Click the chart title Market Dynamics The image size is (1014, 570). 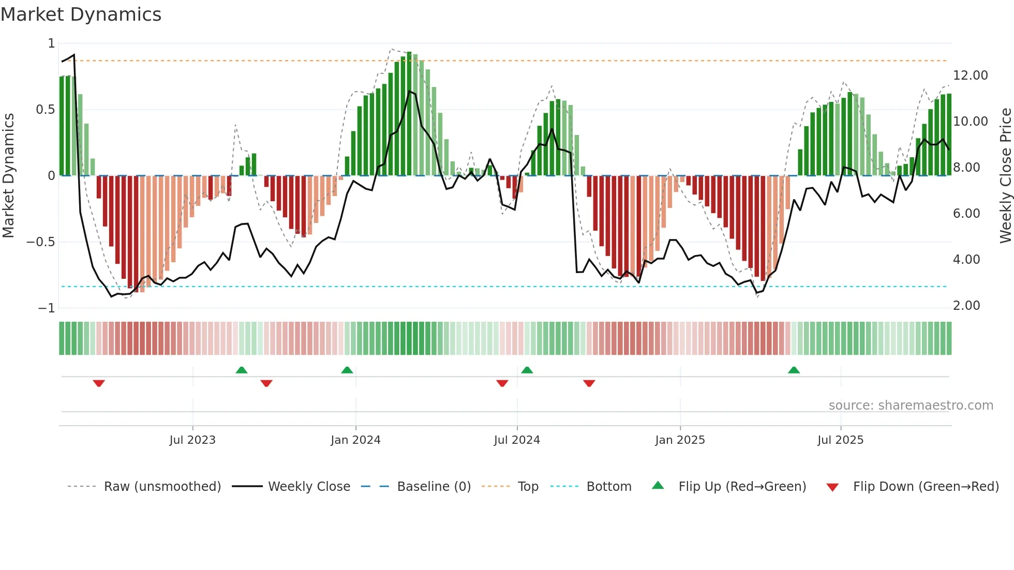[81, 14]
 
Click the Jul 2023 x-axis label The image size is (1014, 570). [192, 440]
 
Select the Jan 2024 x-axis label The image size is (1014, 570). [355, 440]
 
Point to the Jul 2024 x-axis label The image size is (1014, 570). [517, 440]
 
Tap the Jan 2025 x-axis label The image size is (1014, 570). [680, 440]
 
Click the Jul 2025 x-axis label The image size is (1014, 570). [841, 440]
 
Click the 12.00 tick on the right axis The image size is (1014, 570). [970, 76]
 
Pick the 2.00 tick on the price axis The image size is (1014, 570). [966, 306]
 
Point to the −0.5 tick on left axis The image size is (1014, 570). [41, 242]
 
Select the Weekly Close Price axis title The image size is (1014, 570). [1005, 176]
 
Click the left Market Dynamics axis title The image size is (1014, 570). [8, 176]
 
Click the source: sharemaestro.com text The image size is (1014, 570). [911, 406]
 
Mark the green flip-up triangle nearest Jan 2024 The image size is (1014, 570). [347, 370]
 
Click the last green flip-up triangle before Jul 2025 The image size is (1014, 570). [794, 370]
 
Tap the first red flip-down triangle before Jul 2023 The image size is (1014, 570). [99, 383]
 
